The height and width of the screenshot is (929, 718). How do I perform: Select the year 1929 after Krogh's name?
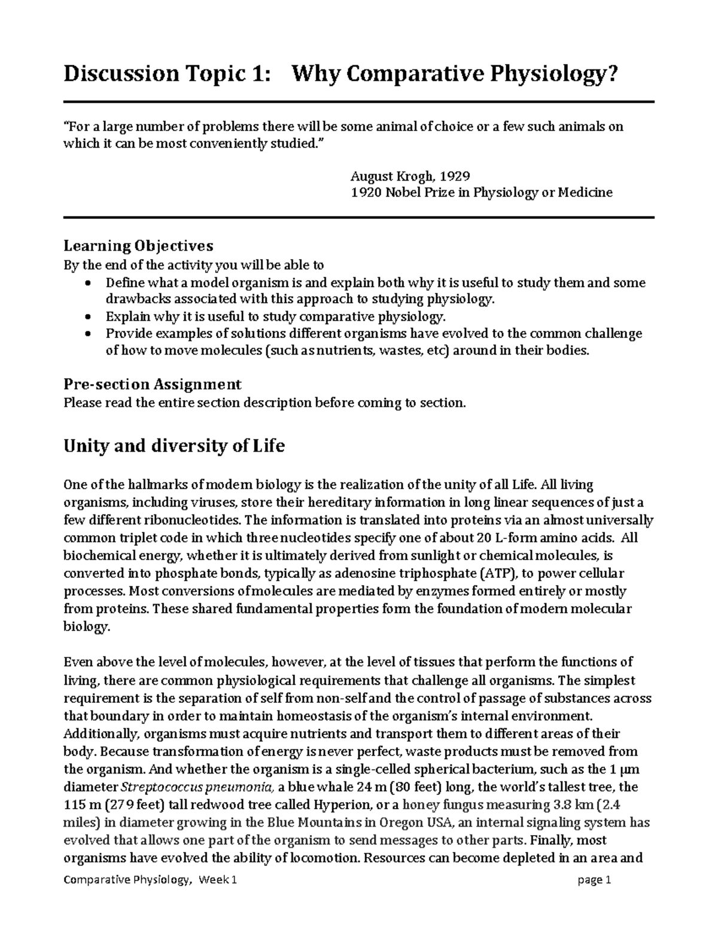pyautogui.click(x=455, y=176)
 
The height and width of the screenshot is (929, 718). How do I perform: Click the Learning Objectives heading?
pyautogui.click(x=138, y=246)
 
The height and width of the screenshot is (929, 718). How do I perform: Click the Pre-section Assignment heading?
pyautogui.click(x=153, y=384)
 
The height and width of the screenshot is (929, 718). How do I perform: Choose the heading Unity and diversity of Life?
pyautogui.click(x=174, y=446)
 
